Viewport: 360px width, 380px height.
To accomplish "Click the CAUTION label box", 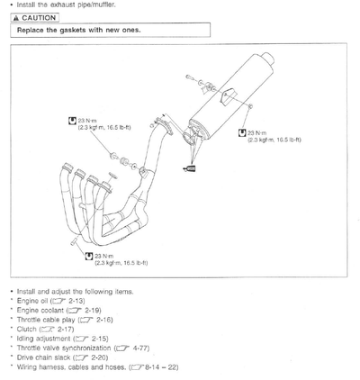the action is (x=35, y=18).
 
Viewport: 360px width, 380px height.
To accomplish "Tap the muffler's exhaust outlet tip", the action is (x=268, y=58).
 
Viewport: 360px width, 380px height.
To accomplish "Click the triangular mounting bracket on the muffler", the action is (x=228, y=96).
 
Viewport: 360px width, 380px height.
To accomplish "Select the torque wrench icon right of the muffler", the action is (x=242, y=132).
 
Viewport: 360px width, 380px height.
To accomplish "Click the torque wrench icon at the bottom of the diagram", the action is (x=89, y=256).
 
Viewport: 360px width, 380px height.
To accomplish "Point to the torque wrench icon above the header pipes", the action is (x=72, y=121).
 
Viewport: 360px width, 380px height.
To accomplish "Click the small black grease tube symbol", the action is (x=190, y=169).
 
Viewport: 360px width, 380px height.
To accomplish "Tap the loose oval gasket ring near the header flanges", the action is (x=112, y=176).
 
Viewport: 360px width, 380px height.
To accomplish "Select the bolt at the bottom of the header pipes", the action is (x=74, y=241).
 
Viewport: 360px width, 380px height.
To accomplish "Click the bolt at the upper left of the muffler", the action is (x=189, y=77).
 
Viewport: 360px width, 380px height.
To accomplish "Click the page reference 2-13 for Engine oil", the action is (x=76, y=301).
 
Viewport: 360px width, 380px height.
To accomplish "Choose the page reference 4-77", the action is (x=140, y=348).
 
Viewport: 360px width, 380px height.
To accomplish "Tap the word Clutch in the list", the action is (x=27, y=329).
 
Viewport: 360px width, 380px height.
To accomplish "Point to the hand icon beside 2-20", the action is (x=82, y=357).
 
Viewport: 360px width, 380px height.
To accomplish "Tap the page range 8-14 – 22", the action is (x=162, y=367).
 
